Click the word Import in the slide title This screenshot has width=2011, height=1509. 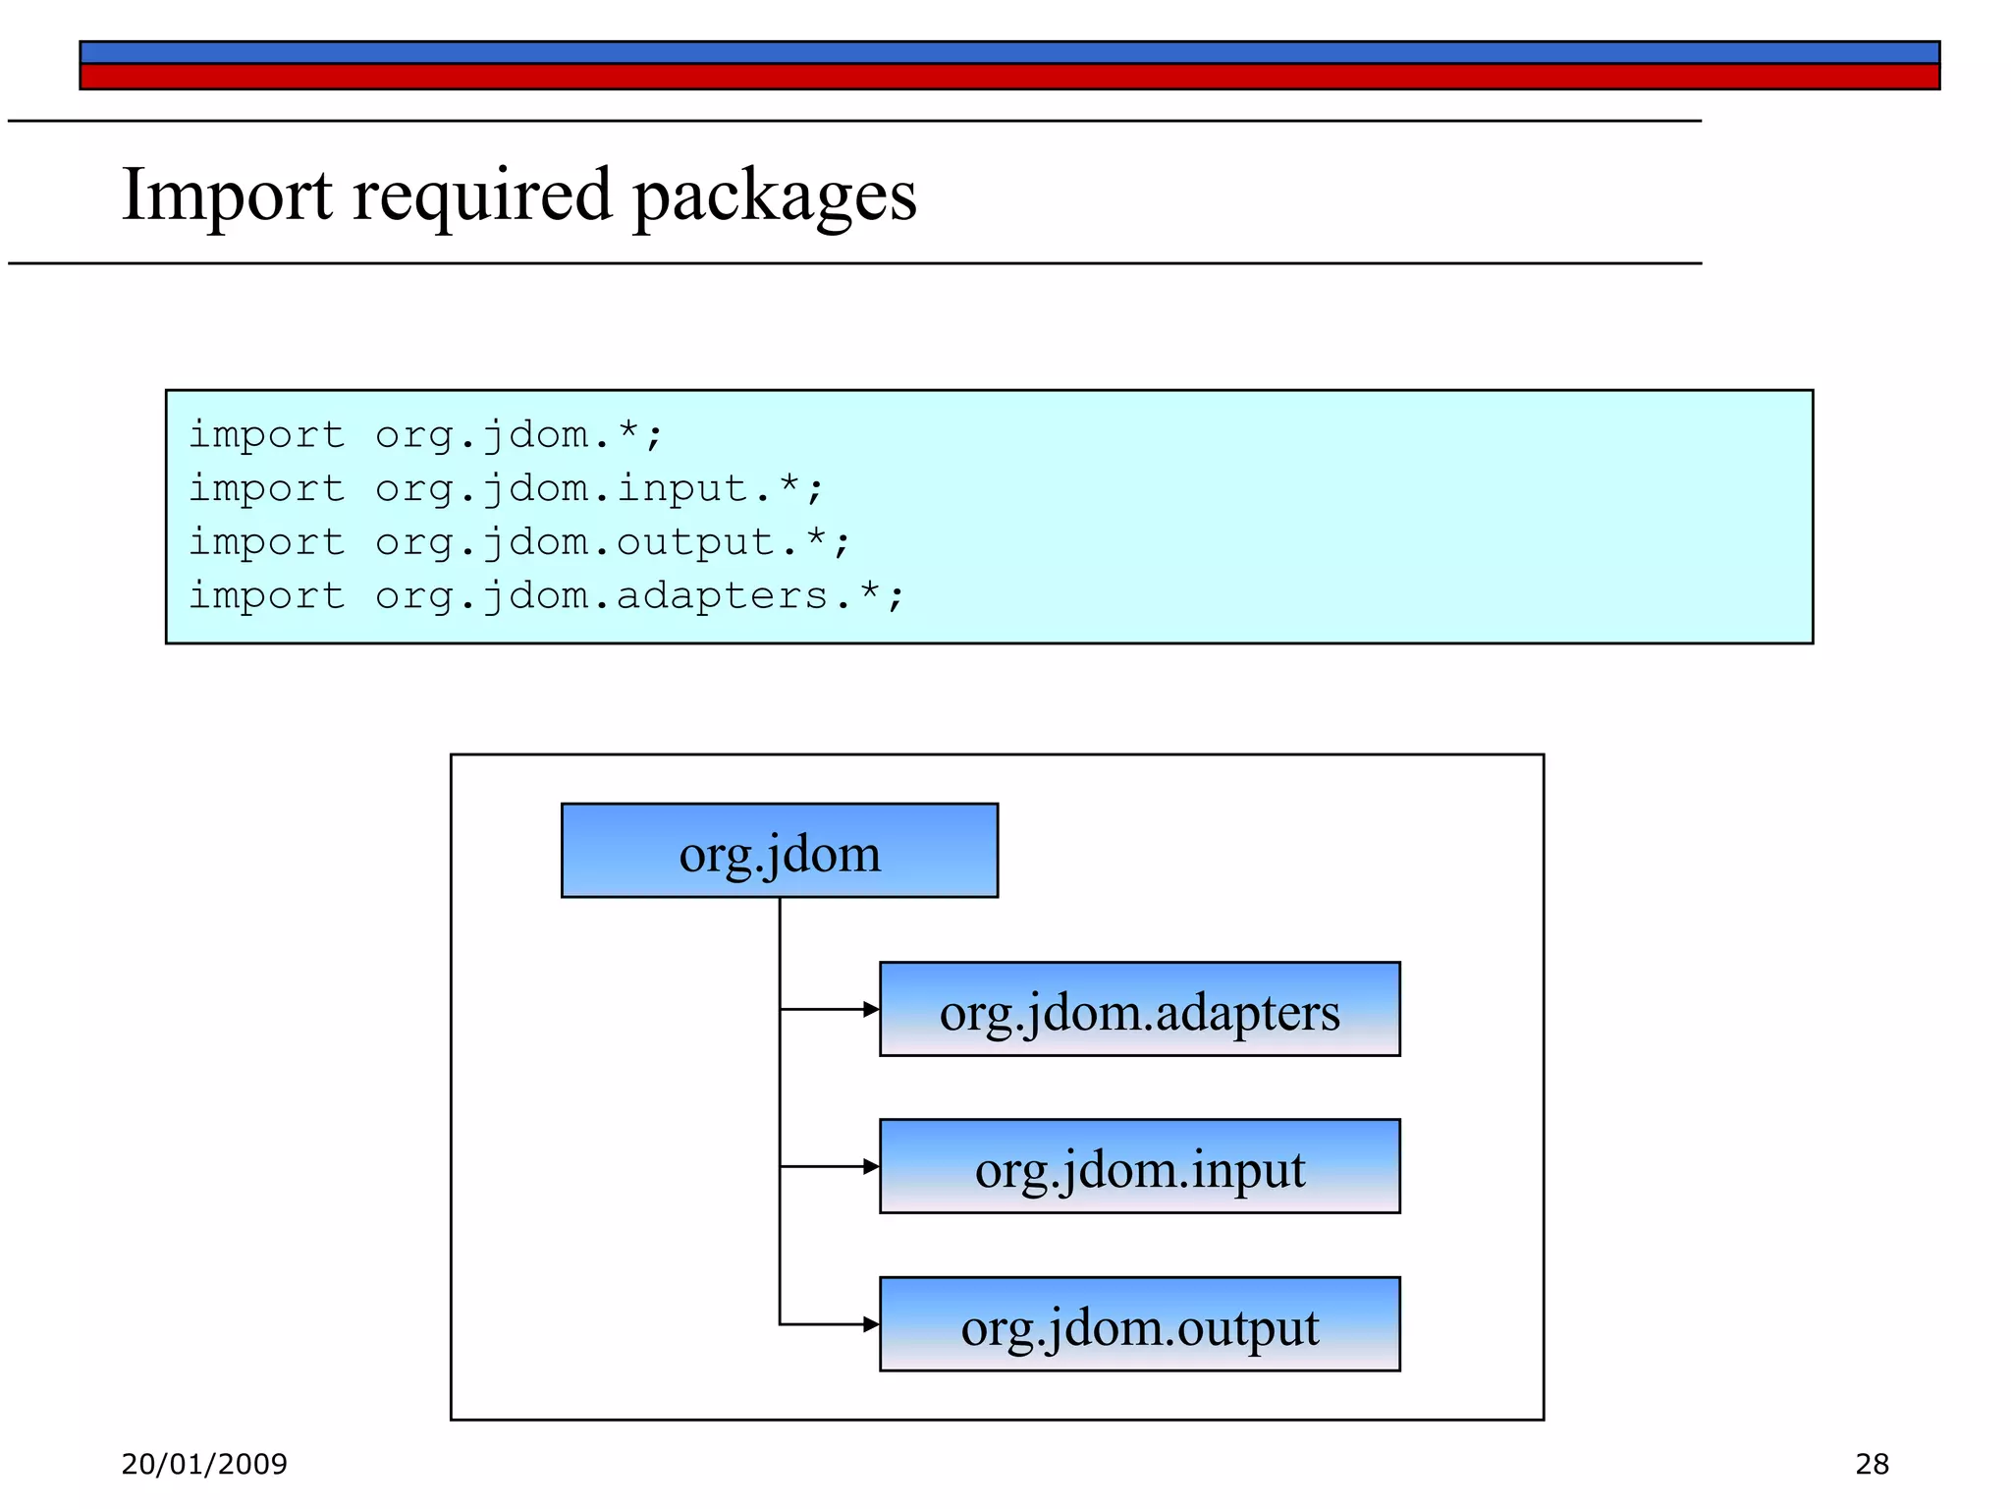[x=227, y=195]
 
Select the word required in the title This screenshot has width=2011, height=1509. [x=482, y=195]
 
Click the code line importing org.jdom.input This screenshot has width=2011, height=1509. [x=505, y=488]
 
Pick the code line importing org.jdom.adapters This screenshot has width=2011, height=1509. [x=545, y=595]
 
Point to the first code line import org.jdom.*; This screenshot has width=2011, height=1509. [x=425, y=434]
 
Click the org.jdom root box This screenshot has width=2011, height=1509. [x=779, y=851]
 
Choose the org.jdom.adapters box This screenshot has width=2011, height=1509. [x=1139, y=1010]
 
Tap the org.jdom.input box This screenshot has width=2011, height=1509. [x=1139, y=1167]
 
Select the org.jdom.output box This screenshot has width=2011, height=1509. [x=1139, y=1324]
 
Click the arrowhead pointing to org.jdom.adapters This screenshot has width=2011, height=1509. [x=870, y=1009]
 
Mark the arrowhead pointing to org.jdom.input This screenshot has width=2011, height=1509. [x=870, y=1166]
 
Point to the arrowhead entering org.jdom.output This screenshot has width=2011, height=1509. [x=870, y=1324]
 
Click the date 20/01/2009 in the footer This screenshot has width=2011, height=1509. [x=204, y=1464]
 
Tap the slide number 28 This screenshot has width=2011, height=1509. [x=1872, y=1464]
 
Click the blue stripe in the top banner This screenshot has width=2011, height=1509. [x=1008, y=53]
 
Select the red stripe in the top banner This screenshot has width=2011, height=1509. [x=1008, y=77]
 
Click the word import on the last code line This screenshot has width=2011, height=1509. [x=266, y=595]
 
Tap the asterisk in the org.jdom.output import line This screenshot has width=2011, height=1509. [x=815, y=538]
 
